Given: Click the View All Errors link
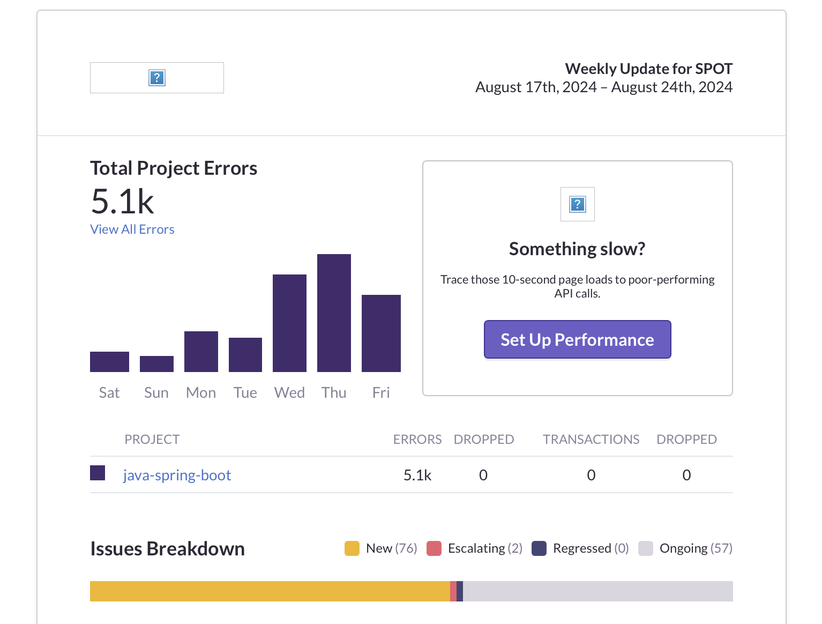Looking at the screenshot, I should point(132,229).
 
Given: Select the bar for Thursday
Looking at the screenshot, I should point(334,313).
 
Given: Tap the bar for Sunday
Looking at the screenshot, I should point(156,364).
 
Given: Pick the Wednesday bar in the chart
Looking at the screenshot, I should point(289,323).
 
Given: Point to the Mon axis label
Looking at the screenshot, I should point(201,393).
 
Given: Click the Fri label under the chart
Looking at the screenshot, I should point(381,393).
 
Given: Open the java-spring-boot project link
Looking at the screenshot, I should point(177,476).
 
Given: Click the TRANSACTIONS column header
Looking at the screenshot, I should point(591,440).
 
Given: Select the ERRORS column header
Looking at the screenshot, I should point(417,440).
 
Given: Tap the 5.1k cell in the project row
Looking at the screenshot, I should point(417,476).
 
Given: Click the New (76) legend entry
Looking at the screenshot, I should point(381,548).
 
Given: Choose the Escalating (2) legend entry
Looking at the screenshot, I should point(475,548).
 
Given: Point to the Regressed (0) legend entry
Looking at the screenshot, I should point(580,548).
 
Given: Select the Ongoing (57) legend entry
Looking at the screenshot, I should point(685,548).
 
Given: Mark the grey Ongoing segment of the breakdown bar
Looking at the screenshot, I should point(597,591).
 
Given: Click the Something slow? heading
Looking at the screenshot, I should point(577,249).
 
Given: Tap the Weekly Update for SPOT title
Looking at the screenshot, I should point(648,69).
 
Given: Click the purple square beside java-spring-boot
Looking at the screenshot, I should point(98,473).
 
